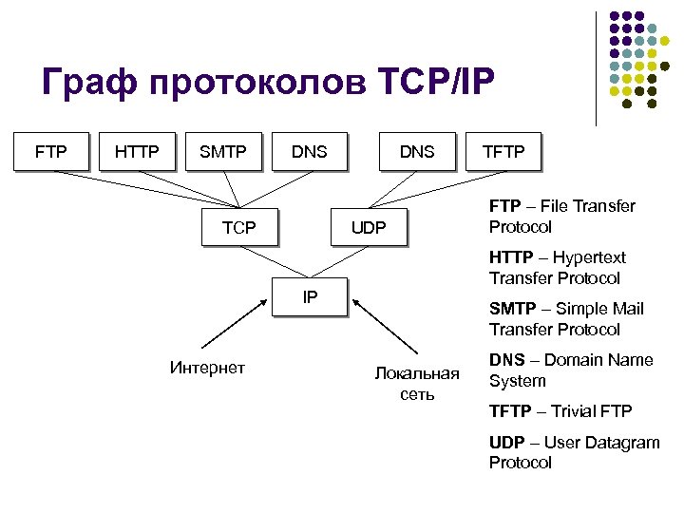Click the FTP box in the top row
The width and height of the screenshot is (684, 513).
[50, 150]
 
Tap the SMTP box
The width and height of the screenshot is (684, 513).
[223, 150]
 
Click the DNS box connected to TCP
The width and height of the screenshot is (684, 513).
[309, 150]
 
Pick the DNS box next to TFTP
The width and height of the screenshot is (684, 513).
[417, 150]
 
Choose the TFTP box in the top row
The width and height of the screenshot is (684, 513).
[503, 150]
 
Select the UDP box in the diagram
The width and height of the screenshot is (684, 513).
[369, 227]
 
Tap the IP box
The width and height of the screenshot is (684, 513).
[310, 296]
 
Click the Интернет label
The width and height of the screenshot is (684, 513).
[207, 368]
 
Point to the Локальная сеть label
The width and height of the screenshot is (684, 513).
[416, 383]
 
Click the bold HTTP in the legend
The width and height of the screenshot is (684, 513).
[511, 257]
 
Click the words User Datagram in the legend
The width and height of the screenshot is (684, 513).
[605, 443]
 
